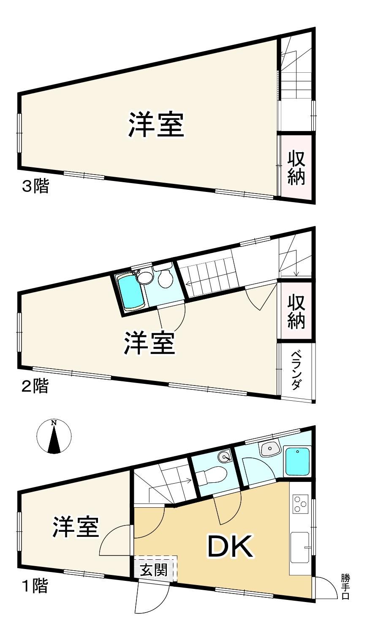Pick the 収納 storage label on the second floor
[296, 312]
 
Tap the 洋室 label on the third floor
[156, 125]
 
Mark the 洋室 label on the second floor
[150, 343]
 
